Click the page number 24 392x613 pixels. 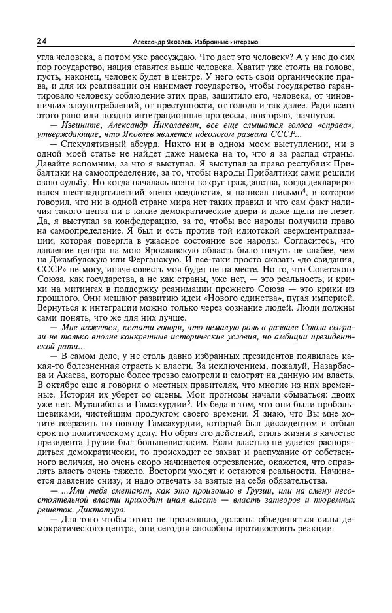point(42,42)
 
